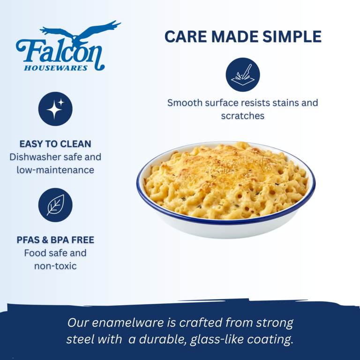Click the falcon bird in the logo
(x=80, y=32)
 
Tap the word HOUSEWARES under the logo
(x=56, y=68)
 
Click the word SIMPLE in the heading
(x=292, y=37)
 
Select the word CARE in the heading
(x=186, y=37)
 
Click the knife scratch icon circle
(x=243, y=75)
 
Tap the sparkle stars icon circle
(x=55, y=109)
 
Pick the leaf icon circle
(x=55, y=205)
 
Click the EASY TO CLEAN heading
(x=55, y=144)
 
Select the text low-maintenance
(x=55, y=170)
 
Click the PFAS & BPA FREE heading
(x=55, y=240)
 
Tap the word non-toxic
(x=55, y=266)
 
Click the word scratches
(x=243, y=116)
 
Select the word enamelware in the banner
(x=128, y=322)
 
